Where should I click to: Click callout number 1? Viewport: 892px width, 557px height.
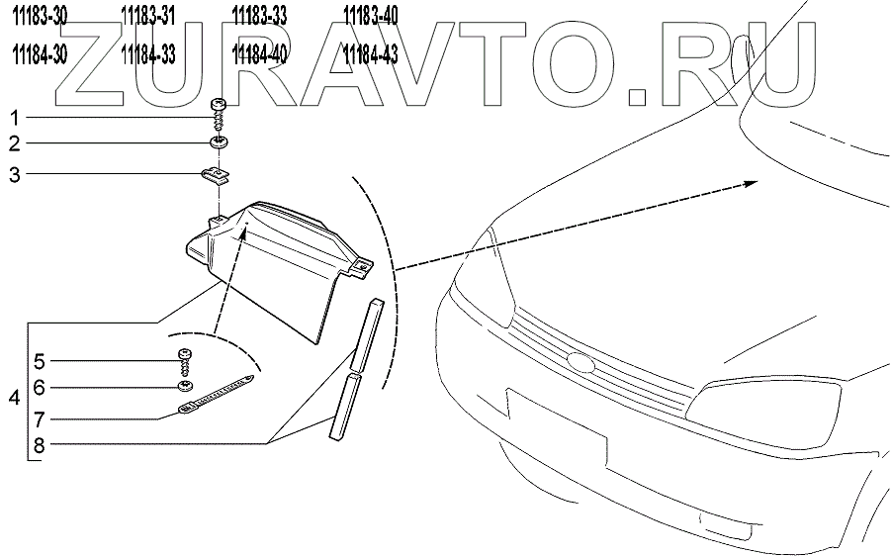coord(15,115)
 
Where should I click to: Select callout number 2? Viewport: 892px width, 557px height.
coord(15,143)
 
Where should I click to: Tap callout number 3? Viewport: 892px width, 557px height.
coord(15,175)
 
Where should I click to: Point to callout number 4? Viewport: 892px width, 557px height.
coord(14,399)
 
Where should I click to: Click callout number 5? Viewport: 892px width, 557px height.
coord(40,360)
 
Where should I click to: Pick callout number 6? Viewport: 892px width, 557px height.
coord(40,388)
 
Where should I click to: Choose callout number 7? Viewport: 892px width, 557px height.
coord(40,417)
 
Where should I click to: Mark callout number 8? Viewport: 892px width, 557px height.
coord(40,445)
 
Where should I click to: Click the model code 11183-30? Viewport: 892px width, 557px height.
coord(41,14)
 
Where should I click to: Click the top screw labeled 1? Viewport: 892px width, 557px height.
coord(219,108)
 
